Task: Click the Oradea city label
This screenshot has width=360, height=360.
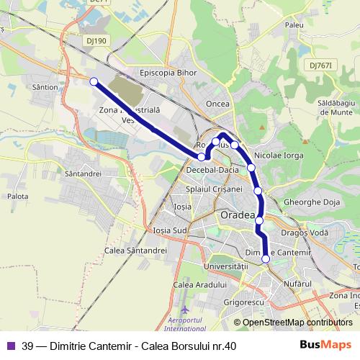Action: tap(236, 216)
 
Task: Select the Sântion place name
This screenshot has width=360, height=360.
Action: tap(45, 86)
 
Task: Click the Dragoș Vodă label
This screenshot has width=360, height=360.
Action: tap(305, 234)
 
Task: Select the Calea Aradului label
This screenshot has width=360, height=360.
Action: tap(195, 284)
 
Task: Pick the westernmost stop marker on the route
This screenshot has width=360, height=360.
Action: tap(94, 81)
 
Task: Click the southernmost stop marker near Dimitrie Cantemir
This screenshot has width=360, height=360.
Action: tap(266, 258)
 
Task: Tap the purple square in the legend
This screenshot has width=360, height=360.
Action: tap(10, 345)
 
